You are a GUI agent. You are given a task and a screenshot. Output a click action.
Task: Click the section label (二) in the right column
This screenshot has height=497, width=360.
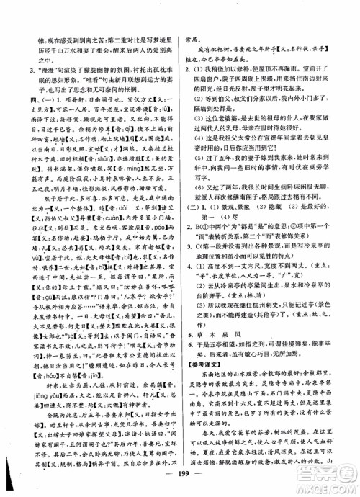192,210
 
